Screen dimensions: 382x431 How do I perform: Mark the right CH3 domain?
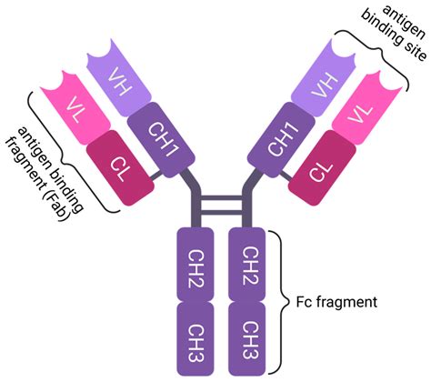point(246,331)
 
